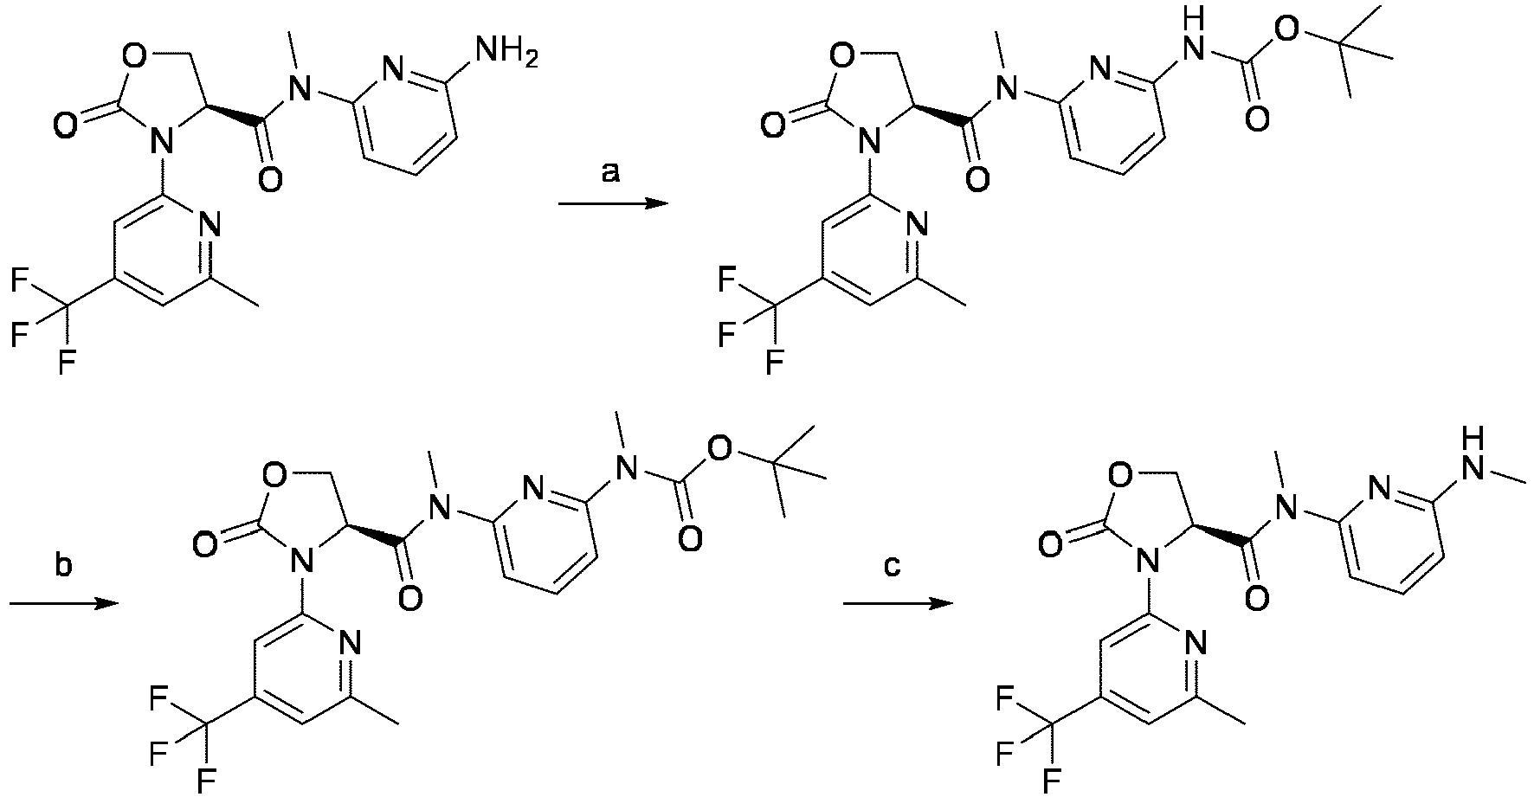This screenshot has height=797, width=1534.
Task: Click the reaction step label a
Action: [x=611, y=175]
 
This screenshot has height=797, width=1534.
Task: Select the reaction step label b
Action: [x=65, y=568]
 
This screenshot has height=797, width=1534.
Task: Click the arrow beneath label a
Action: [x=613, y=204]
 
